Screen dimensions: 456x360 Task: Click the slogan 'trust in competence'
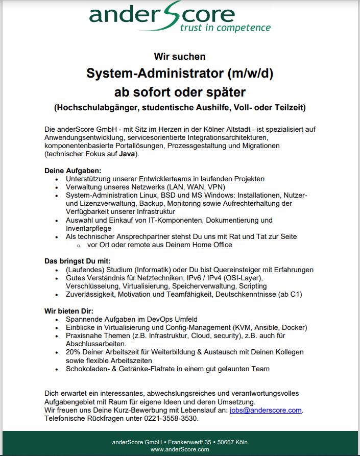(225, 28)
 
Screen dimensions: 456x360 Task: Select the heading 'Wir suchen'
(180, 57)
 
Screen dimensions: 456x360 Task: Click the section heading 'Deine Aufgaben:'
(74, 170)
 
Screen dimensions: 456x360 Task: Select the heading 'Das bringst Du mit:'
(77, 260)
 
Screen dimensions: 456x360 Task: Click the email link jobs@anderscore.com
(266, 410)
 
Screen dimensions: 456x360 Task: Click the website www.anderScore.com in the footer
(180, 449)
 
